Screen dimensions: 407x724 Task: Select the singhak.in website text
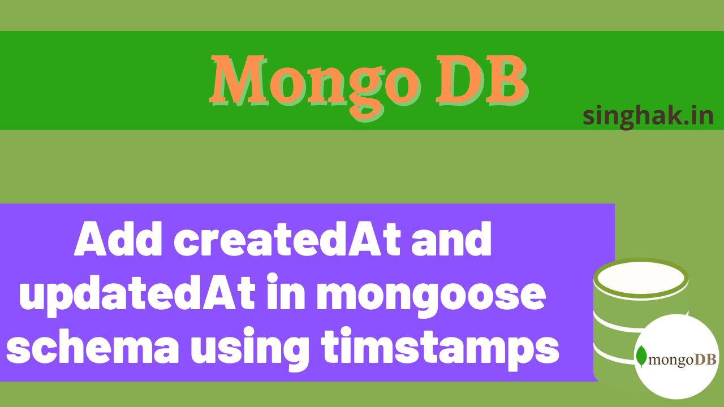point(648,116)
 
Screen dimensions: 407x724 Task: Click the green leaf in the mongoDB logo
point(641,357)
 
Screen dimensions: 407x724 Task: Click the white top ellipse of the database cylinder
point(640,278)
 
